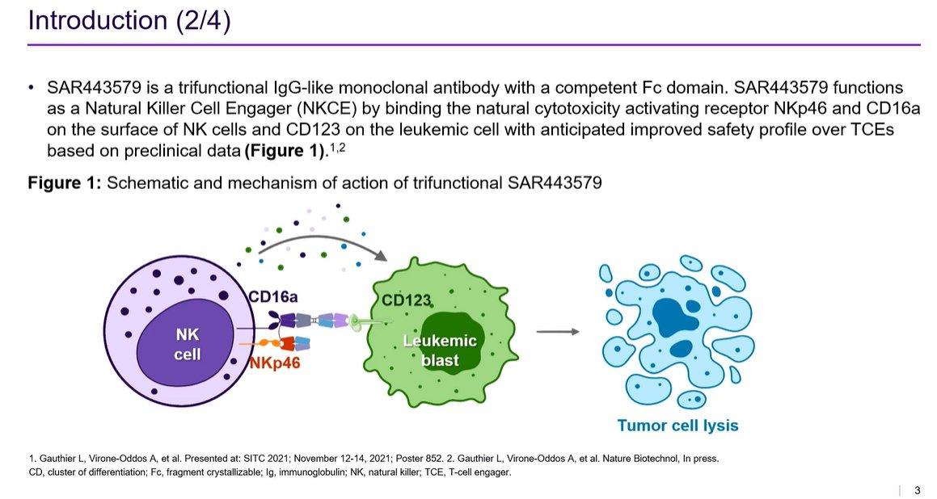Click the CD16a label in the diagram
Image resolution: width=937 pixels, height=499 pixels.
coord(274,296)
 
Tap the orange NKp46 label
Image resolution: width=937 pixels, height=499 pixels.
coord(274,363)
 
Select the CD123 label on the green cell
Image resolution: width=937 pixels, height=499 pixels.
coord(407,300)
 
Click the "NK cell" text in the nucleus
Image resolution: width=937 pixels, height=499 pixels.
coord(187,345)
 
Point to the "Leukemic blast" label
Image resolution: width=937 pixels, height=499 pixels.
coord(440,350)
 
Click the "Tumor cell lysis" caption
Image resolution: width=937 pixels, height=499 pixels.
coord(677,426)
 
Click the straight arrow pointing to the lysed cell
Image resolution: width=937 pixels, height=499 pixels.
coord(558,331)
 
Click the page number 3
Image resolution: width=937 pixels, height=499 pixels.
coord(918,490)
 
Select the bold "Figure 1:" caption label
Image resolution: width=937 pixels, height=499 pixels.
coord(65,182)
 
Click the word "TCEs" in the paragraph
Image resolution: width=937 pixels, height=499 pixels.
coord(872,129)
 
